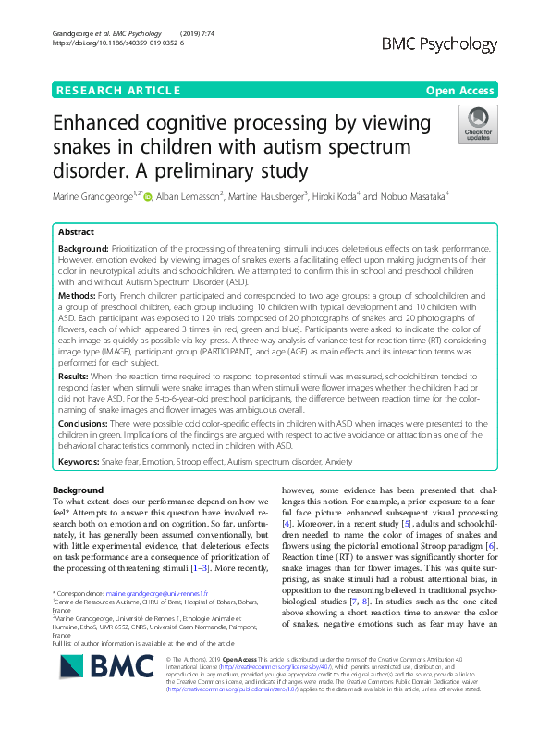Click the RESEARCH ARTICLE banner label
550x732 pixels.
[117, 90]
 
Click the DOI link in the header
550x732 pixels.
[112, 43]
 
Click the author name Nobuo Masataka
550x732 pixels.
[413, 195]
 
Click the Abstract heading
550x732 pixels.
[76, 233]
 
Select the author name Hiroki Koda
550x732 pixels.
[337, 195]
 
